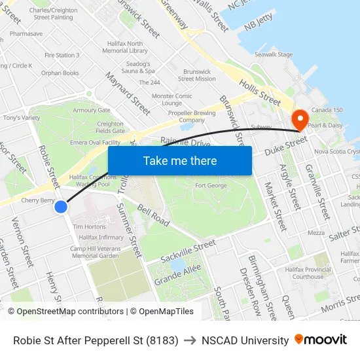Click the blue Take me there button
[x=180, y=161]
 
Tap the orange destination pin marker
[x=300, y=119]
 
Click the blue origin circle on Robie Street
[x=60, y=207]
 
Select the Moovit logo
[x=321, y=340]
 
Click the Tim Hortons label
[x=88, y=226]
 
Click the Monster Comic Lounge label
[x=172, y=99]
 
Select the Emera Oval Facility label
[x=96, y=142]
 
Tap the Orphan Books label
[x=60, y=73]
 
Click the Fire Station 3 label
[x=62, y=56]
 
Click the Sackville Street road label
[x=188, y=251]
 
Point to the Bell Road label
[x=154, y=215]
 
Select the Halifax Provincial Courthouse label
[x=309, y=272]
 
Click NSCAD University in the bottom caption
[x=245, y=340]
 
